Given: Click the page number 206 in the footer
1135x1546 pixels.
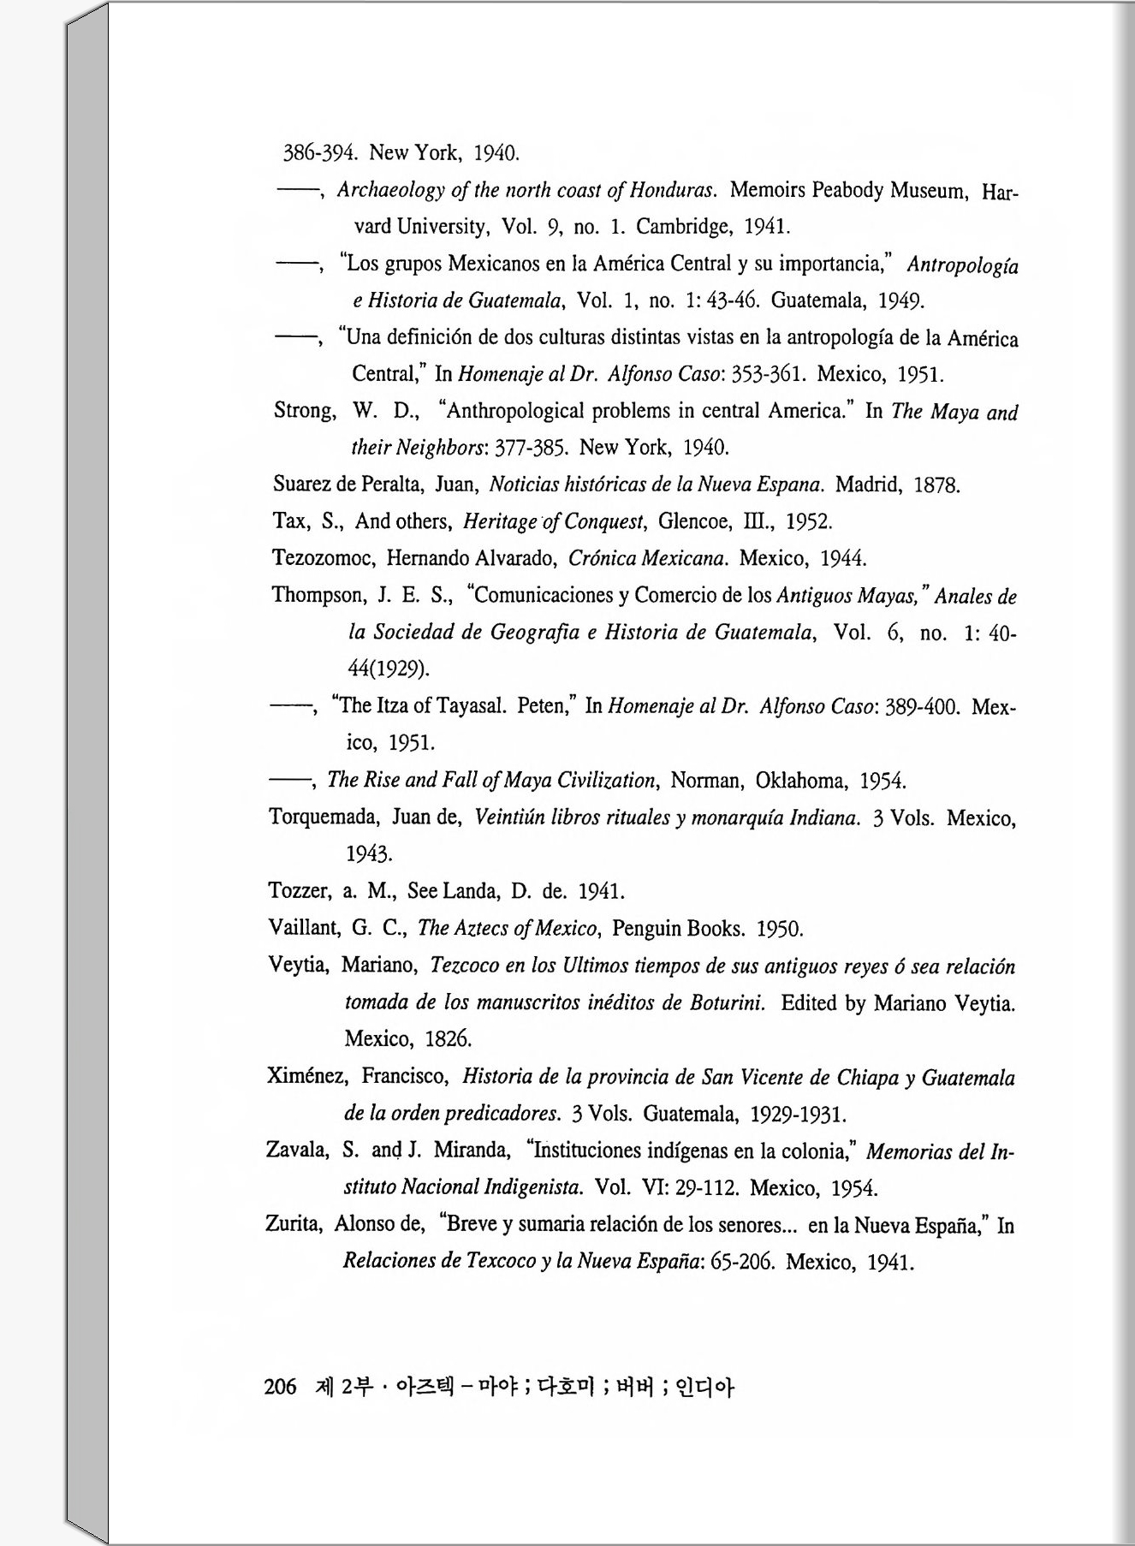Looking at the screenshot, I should [x=280, y=1386].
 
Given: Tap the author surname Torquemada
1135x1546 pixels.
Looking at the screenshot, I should [x=324, y=817].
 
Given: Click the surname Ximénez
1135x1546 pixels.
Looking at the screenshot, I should [x=306, y=1076].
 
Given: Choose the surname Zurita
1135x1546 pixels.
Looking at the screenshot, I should [x=294, y=1224].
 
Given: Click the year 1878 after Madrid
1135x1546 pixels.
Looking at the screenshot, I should [x=936, y=485].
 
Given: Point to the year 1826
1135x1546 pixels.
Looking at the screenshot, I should [x=449, y=1039].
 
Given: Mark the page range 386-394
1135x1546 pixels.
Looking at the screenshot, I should [x=320, y=153].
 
